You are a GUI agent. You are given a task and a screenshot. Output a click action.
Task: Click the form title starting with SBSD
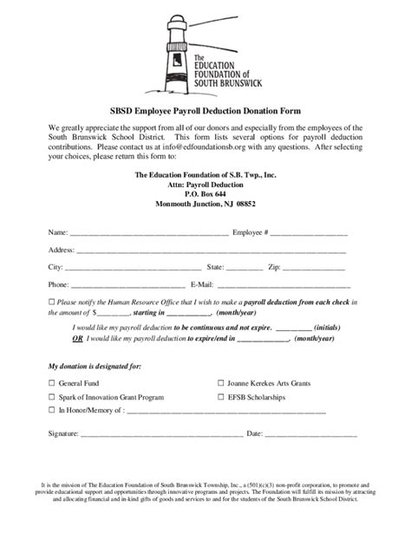coord(205,110)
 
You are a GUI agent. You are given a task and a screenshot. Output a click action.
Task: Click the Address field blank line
coord(212,251)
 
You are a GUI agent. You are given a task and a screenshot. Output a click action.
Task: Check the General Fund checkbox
coord(51,382)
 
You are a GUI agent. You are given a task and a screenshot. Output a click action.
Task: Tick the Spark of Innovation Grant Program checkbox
coord(51,396)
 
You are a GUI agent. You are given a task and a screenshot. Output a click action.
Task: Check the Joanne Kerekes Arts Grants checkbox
coord(220,382)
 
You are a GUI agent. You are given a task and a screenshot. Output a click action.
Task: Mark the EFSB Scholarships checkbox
coord(220,396)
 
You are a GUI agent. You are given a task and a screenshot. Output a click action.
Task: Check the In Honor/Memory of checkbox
coord(51,410)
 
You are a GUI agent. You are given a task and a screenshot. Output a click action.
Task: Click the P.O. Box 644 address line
coord(205,194)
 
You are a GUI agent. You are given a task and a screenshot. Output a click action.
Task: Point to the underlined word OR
coord(77,340)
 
